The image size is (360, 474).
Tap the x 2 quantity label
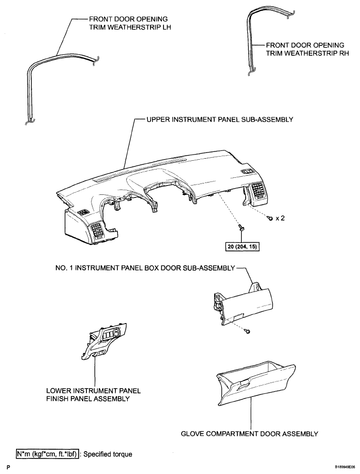280,218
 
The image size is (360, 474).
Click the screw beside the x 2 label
269,217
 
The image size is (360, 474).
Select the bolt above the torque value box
241,227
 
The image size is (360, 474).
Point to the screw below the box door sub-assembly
247,332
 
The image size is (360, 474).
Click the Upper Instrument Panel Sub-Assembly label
220,120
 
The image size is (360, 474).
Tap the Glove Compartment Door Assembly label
250,434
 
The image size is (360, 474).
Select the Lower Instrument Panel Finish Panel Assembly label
94,395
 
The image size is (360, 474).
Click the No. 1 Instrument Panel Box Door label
145,268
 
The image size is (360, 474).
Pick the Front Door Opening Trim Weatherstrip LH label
130,23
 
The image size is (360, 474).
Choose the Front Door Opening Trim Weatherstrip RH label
307,49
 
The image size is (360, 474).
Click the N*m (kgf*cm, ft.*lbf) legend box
48,454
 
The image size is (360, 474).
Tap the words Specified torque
108,454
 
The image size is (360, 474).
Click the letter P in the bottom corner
8,468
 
